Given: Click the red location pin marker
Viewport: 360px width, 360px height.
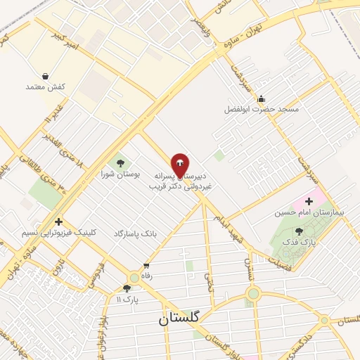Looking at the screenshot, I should click(x=180, y=166).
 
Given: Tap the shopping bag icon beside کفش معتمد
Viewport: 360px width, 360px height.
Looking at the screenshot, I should click(x=46, y=76).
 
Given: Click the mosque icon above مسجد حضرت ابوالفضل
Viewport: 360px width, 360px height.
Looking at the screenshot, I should click(x=262, y=98).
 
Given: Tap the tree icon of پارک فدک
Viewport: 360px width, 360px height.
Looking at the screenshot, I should click(x=299, y=231).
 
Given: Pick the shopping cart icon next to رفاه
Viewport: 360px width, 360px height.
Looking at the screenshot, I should click(x=146, y=266).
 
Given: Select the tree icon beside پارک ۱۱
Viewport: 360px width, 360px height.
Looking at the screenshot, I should click(x=127, y=288).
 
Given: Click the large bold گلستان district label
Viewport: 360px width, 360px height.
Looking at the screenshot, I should click(x=179, y=318).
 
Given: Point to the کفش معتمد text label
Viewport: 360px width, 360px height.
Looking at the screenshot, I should click(x=46, y=86).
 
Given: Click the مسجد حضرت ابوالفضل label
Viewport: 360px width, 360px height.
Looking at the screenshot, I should click(x=262, y=110).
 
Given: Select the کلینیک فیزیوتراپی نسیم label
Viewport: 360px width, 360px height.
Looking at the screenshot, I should click(x=58, y=233).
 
